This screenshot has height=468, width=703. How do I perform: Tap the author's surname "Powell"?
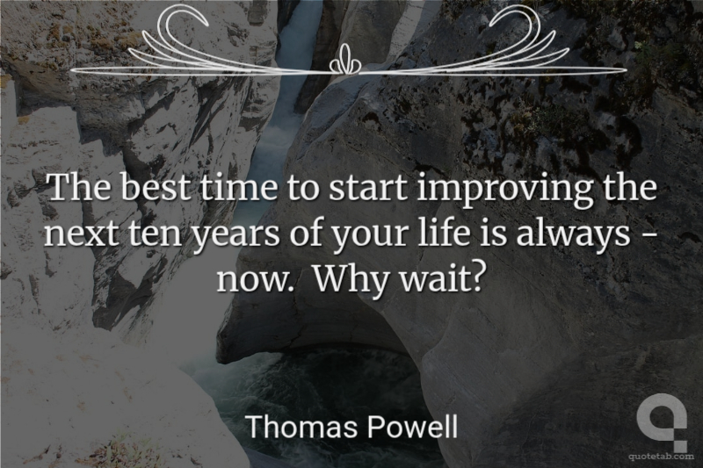click(x=412, y=427)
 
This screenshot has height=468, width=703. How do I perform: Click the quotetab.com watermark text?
click(x=661, y=457)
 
